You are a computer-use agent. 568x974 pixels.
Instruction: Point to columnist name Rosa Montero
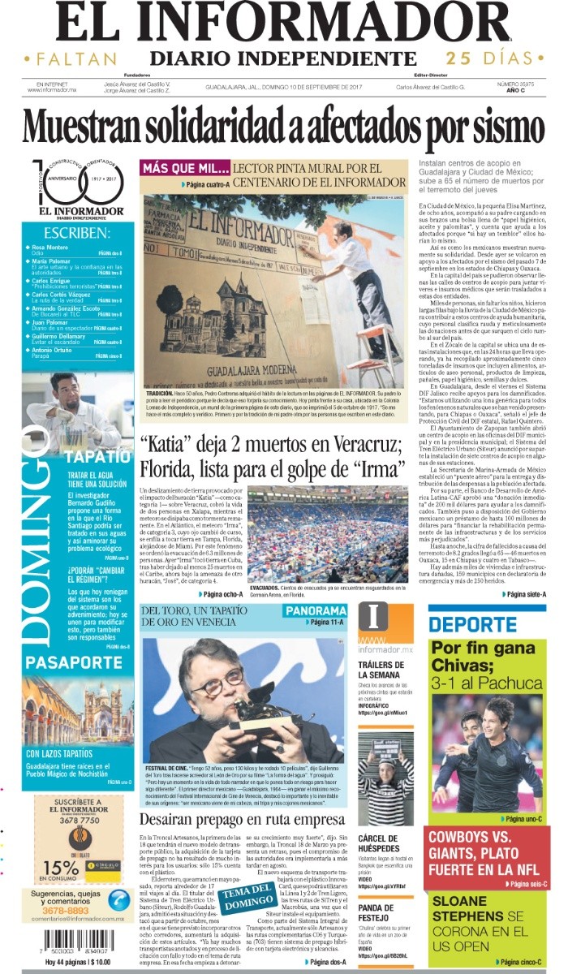click(51, 246)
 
